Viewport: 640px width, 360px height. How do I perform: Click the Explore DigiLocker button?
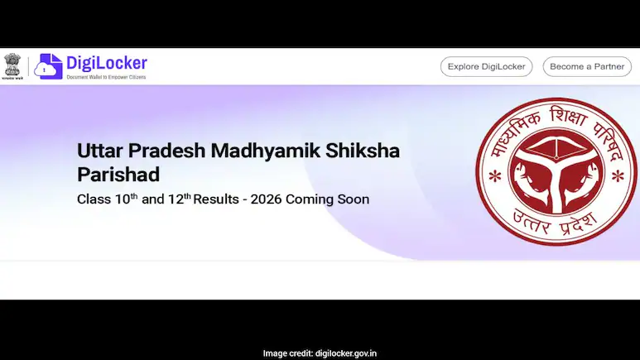click(x=486, y=67)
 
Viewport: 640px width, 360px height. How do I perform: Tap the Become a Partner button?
click(x=587, y=67)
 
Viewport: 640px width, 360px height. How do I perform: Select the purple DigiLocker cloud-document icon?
click(x=51, y=66)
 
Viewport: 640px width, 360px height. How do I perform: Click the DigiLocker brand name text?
click(x=107, y=63)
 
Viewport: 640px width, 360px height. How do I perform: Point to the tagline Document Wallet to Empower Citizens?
click(x=107, y=77)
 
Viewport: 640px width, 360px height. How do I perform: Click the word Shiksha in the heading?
click(x=369, y=152)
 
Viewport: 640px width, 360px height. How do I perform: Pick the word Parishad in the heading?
click(x=118, y=175)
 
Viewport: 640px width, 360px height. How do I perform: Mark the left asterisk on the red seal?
click(x=495, y=177)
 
